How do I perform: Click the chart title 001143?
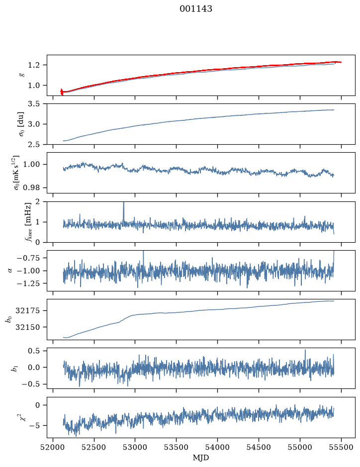pyautogui.click(x=195, y=9)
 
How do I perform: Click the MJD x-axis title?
pyautogui.click(x=201, y=458)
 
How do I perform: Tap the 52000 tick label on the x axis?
pyautogui.click(x=53, y=447)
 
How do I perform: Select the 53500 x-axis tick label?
pyautogui.click(x=177, y=447)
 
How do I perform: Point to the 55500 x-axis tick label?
pyautogui.click(x=341, y=447)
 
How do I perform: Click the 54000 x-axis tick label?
pyautogui.click(x=218, y=447)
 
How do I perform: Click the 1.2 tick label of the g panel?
pyautogui.click(x=34, y=65)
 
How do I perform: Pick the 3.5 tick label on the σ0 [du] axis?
pyautogui.click(x=34, y=104)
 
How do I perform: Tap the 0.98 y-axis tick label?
pyautogui.click(x=31, y=187)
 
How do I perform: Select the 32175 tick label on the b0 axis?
pyautogui.click(x=27, y=311)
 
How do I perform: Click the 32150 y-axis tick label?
pyautogui.click(x=27, y=327)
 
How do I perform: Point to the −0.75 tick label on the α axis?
pyautogui.click(x=29, y=258)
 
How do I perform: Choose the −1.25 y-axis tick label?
pyautogui.click(x=29, y=283)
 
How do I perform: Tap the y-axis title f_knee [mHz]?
pyautogui.click(x=28, y=222)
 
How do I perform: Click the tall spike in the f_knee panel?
pyautogui.click(x=124, y=211)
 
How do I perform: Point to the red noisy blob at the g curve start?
pyautogui.click(x=62, y=92)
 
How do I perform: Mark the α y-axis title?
pyautogui.click(x=10, y=271)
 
